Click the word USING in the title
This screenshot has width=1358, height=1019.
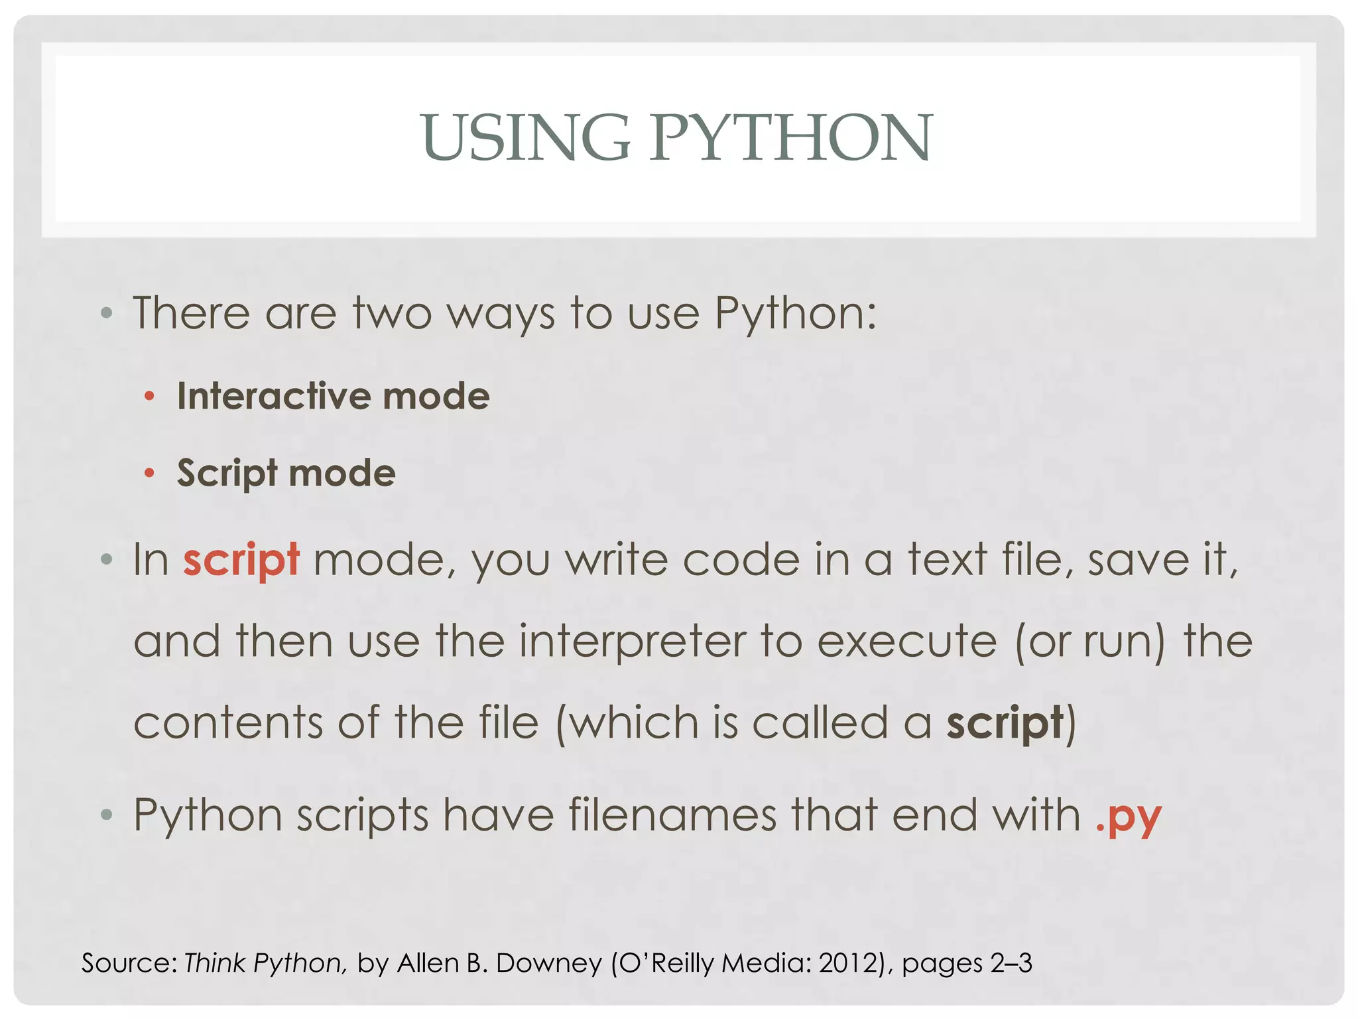click(x=525, y=137)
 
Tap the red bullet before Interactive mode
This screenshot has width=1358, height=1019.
click(x=150, y=397)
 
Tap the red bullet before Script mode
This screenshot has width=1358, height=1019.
click(x=150, y=474)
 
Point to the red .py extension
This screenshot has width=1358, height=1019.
click(x=1128, y=817)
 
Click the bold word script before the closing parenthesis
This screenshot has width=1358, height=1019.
click(x=1005, y=723)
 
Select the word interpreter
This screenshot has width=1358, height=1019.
click(x=631, y=642)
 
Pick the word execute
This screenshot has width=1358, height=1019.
click(x=906, y=642)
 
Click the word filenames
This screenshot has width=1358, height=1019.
click(x=672, y=815)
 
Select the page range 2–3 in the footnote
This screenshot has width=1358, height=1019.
click(x=1011, y=963)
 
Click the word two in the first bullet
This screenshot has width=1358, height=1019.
click(x=392, y=313)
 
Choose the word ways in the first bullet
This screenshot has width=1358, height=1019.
click(x=501, y=314)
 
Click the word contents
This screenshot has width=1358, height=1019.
click(x=228, y=723)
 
